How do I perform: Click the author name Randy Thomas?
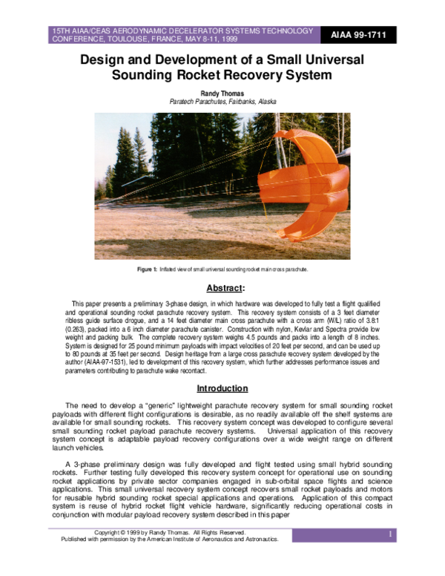222,92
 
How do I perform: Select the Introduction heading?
222,388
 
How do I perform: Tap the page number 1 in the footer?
389,534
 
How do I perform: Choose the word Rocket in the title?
189,74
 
